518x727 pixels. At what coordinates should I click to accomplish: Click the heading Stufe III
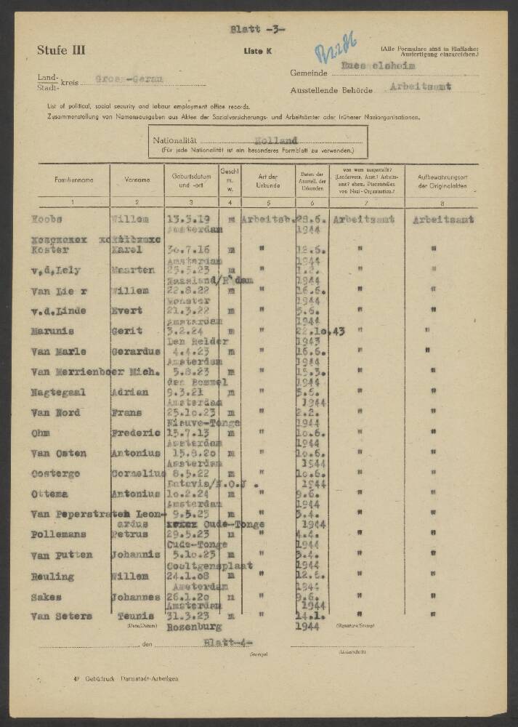[x=61, y=50]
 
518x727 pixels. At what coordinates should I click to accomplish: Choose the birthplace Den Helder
[x=197, y=341]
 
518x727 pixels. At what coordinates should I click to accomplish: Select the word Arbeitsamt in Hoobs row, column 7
[x=363, y=218]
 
